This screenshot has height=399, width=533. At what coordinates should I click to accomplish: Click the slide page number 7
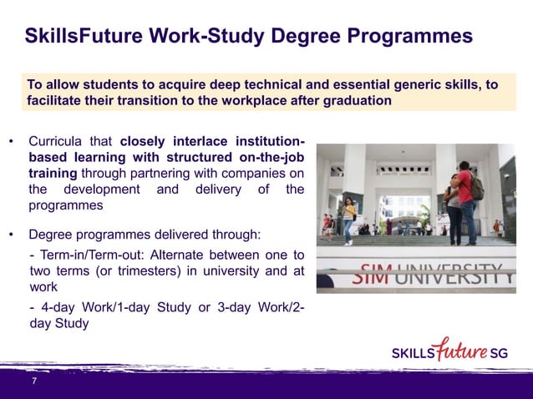point(34,381)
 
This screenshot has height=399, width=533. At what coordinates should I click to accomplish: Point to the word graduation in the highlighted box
point(357,101)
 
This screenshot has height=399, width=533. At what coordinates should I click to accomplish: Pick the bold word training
point(53,173)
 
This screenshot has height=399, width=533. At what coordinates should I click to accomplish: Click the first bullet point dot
point(11,141)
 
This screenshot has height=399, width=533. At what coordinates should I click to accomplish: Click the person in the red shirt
point(464,200)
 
